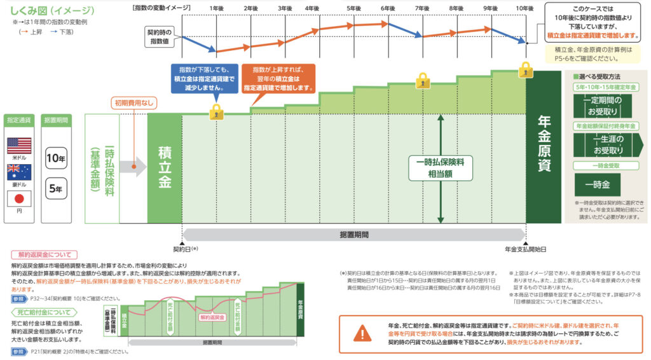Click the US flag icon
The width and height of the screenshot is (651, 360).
coord(18,146)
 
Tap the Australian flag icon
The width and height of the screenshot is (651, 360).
coord(18,170)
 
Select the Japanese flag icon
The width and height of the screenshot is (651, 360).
coord(18,198)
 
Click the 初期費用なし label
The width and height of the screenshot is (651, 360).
coord(134,103)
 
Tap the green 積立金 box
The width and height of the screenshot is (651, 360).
coord(164,169)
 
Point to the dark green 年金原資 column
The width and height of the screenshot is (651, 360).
coord(544,144)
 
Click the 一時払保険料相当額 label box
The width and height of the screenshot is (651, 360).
coord(440,167)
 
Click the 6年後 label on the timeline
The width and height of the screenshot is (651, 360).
coord(388,8)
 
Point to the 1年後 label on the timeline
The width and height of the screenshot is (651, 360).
coord(217,8)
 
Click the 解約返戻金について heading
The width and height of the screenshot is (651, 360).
coord(44,255)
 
